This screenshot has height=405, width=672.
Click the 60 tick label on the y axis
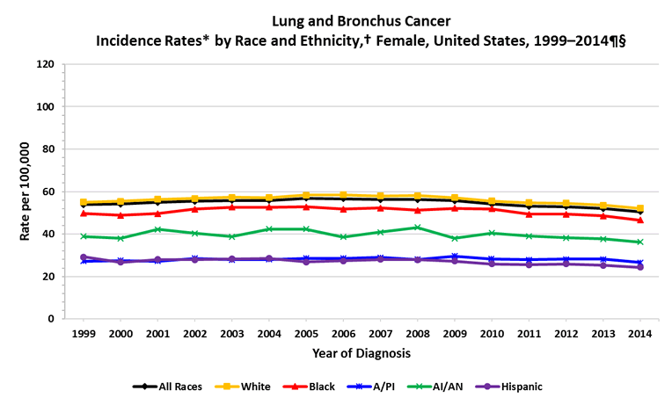click(49, 192)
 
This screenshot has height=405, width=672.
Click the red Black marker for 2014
click(639, 220)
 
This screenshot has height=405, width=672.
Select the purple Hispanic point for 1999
click(84, 257)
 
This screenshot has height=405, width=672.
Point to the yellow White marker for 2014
click(639, 208)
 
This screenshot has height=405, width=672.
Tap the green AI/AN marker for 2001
click(157, 229)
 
